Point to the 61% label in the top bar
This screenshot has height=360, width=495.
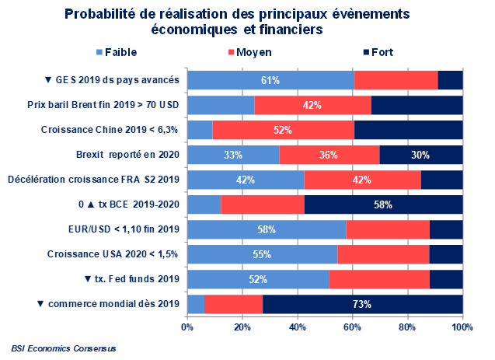coord(270,80)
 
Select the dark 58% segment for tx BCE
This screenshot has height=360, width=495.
coord(383,205)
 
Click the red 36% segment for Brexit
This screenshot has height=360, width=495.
coord(329,155)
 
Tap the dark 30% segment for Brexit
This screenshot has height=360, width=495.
coord(421,155)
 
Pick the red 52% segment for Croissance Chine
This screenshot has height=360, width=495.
coord(283,130)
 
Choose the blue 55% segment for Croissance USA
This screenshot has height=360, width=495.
coord(263,254)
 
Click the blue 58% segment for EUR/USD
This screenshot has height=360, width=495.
coord(267,229)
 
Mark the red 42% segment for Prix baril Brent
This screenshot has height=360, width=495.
coord(312,105)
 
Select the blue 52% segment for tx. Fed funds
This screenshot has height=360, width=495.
coord(259,279)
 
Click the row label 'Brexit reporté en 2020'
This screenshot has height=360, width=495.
coord(128,155)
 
